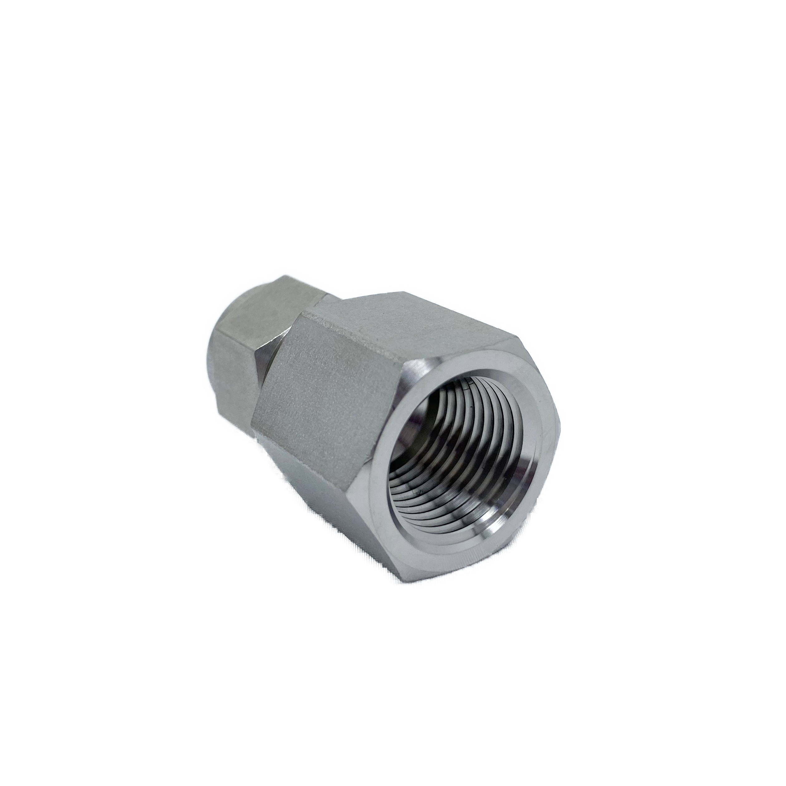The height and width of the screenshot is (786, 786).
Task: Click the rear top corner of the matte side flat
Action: coord(303,321)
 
